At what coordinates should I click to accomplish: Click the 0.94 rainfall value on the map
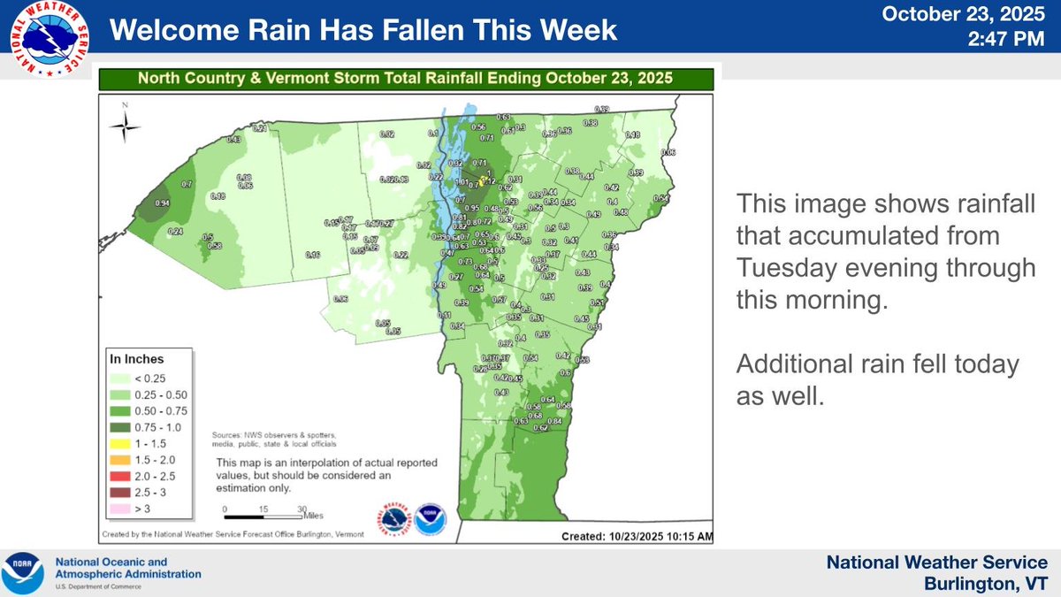tap(162, 203)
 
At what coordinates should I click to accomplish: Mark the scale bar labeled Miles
tap(265, 514)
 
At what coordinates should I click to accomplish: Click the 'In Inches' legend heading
tap(137, 359)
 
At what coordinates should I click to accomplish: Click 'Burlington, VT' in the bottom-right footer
tap(986, 582)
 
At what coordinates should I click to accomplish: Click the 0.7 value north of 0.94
tap(187, 184)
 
